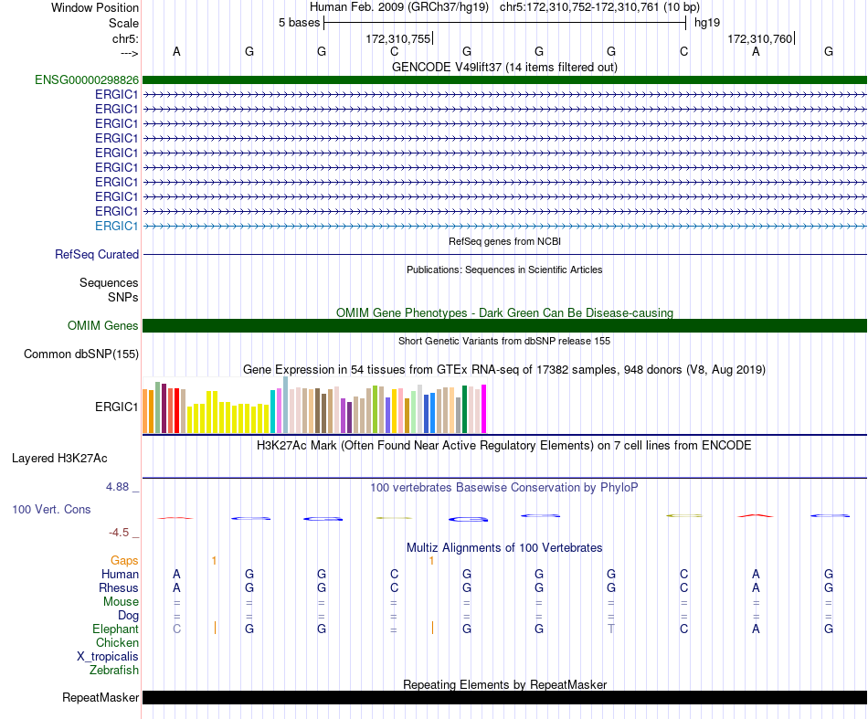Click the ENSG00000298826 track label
tap(87, 80)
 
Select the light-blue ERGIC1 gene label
tap(116, 226)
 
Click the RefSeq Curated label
tap(97, 255)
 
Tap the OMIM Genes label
tap(103, 325)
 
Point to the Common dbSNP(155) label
tap(81, 354)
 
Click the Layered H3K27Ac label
tap(59, 459)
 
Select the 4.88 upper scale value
tap(117, 487)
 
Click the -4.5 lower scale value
tap(119, 533)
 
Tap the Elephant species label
tap(115, 629)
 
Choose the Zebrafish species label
tap(114, 671)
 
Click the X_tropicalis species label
tap(108, 657)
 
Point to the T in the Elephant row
tap(611, 629)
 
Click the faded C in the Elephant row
tap(176, 629)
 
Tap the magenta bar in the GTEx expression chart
tap(484, 408)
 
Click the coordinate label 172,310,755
tap(398, 38)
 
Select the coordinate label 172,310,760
tap(759, 38)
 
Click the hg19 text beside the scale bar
tap(707, 23)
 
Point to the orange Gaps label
tap(124, 561)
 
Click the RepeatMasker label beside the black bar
tap(101, 697)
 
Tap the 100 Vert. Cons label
tap(51, 509)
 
